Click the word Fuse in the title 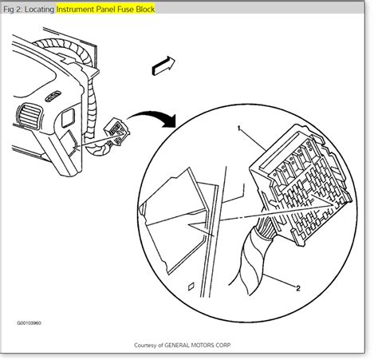125,10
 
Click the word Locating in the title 39,10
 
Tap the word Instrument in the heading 75,10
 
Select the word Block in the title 145,10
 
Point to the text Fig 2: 13,10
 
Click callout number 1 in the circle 239,129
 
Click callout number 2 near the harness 298,288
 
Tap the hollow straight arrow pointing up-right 163,65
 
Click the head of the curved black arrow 170,121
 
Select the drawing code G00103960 29,323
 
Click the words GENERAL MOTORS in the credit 192,345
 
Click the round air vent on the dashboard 29,117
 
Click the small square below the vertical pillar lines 191,287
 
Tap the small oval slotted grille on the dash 53,96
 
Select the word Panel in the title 105,10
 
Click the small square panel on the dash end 69,117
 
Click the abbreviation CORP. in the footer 226,345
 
